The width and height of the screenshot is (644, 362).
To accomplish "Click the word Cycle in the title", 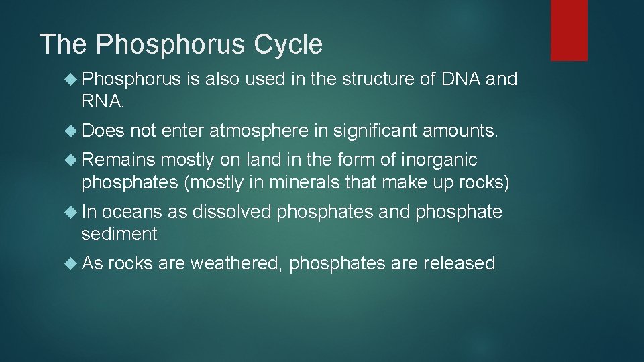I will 288,45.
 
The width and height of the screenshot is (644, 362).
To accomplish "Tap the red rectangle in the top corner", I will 569,30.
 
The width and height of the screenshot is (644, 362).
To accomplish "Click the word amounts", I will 460,130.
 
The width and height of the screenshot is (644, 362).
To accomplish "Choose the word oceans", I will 131,212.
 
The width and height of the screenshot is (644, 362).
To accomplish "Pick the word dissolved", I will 232,212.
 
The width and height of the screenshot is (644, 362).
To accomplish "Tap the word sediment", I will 119,233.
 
